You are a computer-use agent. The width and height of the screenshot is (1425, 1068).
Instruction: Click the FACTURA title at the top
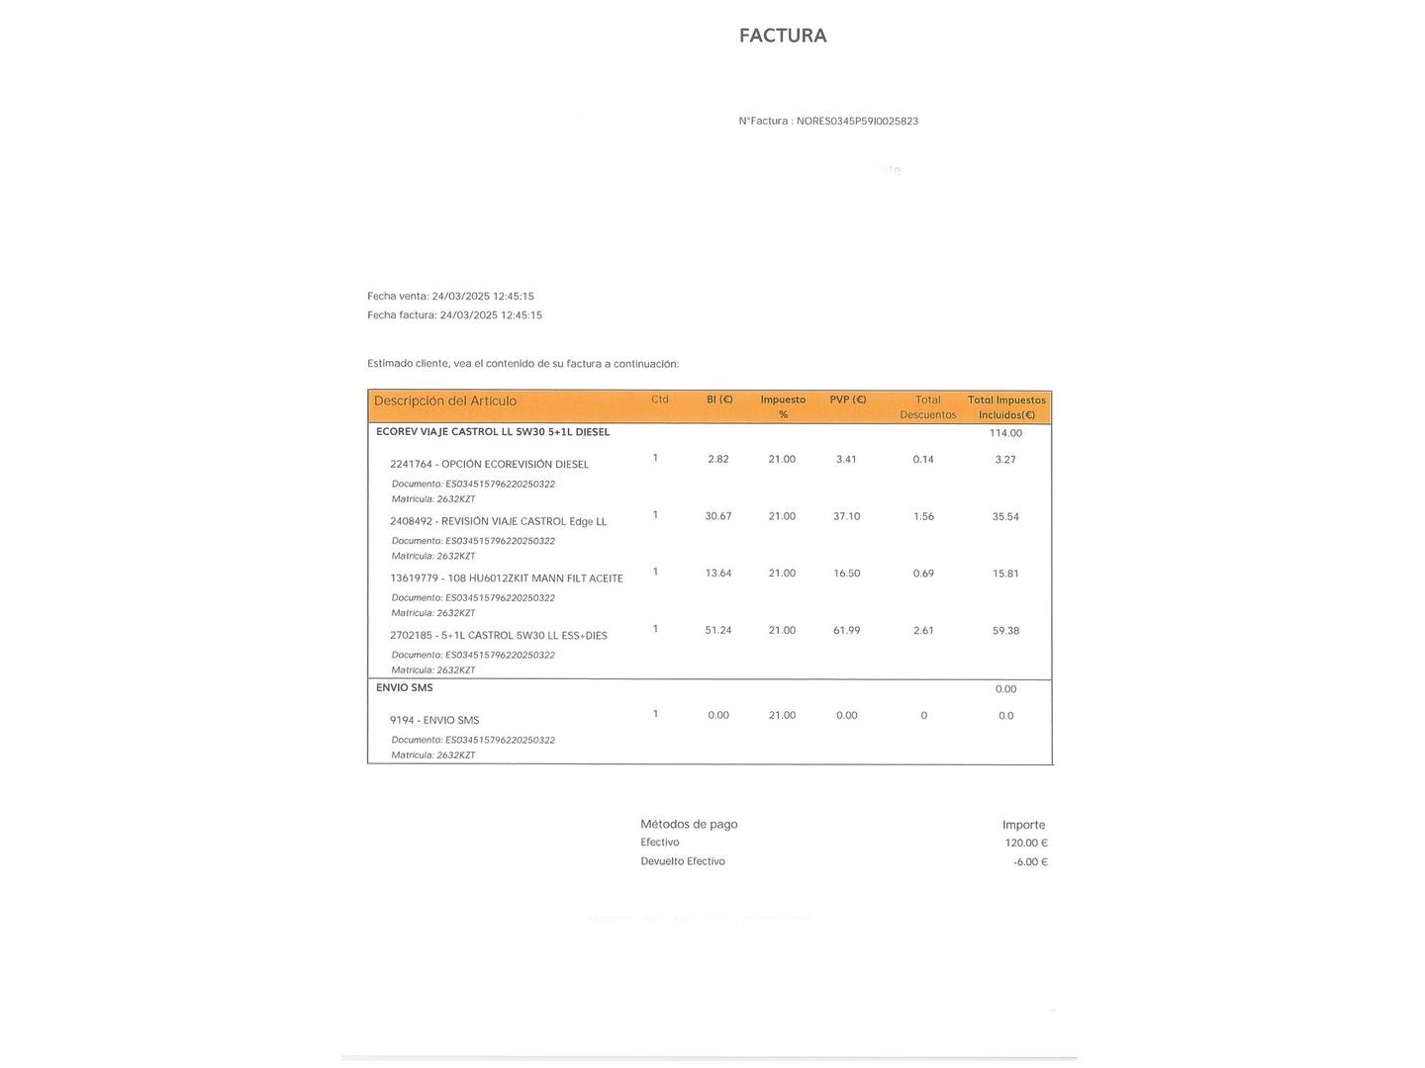point(783,36)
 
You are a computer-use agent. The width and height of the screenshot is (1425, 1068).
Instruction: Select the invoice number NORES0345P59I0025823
point(857,122)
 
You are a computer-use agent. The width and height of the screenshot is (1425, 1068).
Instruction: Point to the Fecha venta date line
point(450,297)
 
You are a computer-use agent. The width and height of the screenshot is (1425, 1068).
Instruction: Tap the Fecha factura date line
point(454,315)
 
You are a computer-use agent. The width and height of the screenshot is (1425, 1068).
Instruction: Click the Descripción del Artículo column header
point(445,401)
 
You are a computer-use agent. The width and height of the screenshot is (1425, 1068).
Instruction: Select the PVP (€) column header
point(847,400)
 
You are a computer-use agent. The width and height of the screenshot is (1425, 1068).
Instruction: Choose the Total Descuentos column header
point(927,407)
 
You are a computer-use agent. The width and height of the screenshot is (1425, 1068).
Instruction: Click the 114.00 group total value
point(1005,433)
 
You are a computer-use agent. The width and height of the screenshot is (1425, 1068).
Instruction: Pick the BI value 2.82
point(718,459)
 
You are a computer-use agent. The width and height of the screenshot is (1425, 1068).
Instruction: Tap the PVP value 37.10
point(846,516)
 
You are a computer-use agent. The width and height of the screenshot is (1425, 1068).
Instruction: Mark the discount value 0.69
point(923,574)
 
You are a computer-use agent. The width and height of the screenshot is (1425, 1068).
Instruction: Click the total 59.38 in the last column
point(1005,631)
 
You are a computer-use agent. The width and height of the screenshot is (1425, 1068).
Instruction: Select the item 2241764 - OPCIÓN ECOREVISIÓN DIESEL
point(489,465)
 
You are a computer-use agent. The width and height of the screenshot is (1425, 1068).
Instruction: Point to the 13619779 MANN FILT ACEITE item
point(506,578)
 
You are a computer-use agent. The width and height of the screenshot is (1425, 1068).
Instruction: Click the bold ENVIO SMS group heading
point(405,688)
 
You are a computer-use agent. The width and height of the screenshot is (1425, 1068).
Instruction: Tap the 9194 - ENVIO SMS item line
point(434,721)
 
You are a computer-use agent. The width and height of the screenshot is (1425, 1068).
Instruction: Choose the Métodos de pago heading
point(689,825)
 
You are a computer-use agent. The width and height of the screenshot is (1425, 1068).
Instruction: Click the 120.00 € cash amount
point(1025,844)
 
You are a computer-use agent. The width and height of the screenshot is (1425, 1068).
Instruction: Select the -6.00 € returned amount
point(1030,862)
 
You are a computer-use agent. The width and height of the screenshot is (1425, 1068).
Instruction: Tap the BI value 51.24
point(718,631)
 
